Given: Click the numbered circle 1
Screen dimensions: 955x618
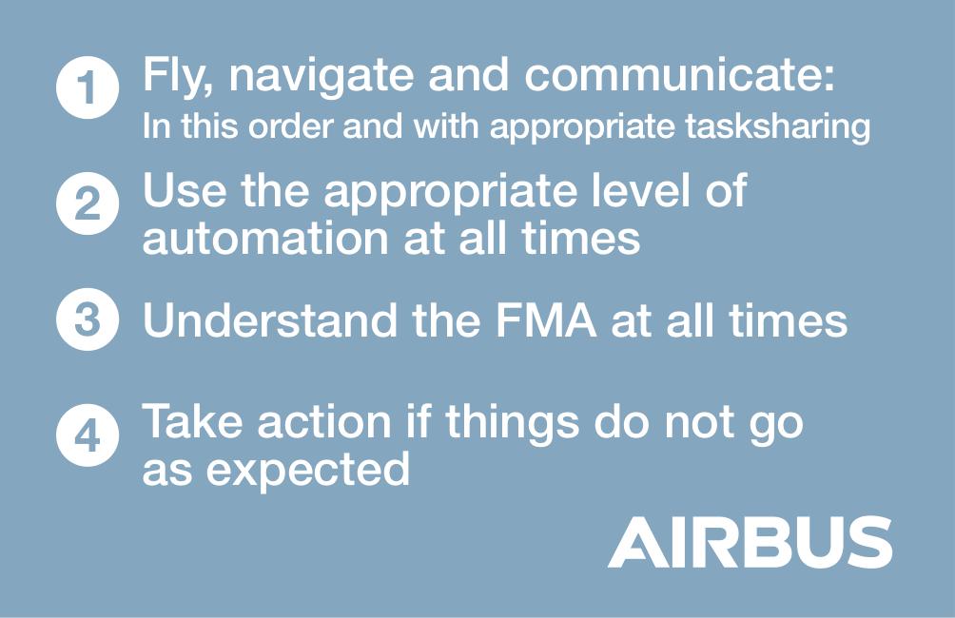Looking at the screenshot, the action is click(88, 87).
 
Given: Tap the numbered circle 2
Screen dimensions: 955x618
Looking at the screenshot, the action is click(88, 203).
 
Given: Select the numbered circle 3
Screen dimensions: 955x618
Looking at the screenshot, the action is click(88, 319).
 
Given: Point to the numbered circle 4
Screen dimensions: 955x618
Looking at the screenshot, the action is click(88, 435).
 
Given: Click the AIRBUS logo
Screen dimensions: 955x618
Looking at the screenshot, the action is click(750, 542).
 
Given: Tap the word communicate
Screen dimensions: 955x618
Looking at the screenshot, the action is click(679, 75).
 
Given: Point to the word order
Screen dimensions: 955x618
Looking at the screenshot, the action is click(290, 126).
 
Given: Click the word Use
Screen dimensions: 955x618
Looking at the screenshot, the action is click(185, 190).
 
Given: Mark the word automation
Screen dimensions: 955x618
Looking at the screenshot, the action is click(265, 238).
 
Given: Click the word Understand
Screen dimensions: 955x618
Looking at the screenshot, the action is click(269, 319).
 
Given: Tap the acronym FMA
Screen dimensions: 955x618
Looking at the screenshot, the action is click(545, 319).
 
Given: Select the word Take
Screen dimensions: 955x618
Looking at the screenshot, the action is click(192, 421).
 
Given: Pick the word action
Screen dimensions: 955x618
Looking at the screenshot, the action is click(324, 421).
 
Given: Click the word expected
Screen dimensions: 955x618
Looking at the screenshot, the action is click(307, 471).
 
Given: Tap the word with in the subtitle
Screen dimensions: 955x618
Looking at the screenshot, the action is click(447, 126).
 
